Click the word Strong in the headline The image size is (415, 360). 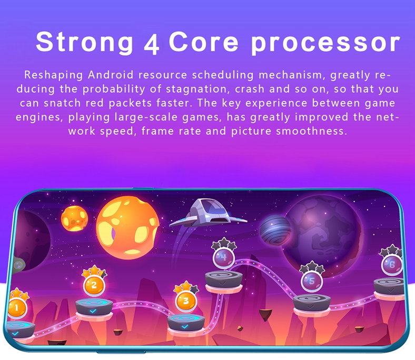pos(84,42)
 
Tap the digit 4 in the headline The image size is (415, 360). pos(152,43)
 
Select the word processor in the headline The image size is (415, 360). pos(325,43)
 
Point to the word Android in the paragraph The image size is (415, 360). pos(111,75)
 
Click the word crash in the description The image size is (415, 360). pos(250,89)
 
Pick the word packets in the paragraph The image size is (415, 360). pos(130,103)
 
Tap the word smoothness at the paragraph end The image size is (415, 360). pos(311,131)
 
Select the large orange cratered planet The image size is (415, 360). pos(128,228)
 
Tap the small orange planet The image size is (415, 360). pos(74,218)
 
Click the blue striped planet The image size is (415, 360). pos(275,230)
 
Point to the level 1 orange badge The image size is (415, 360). pos(17,307)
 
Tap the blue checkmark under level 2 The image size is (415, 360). pos(93,311)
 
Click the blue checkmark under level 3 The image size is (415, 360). pos(185,326)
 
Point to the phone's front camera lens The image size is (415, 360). pos(18,265)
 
